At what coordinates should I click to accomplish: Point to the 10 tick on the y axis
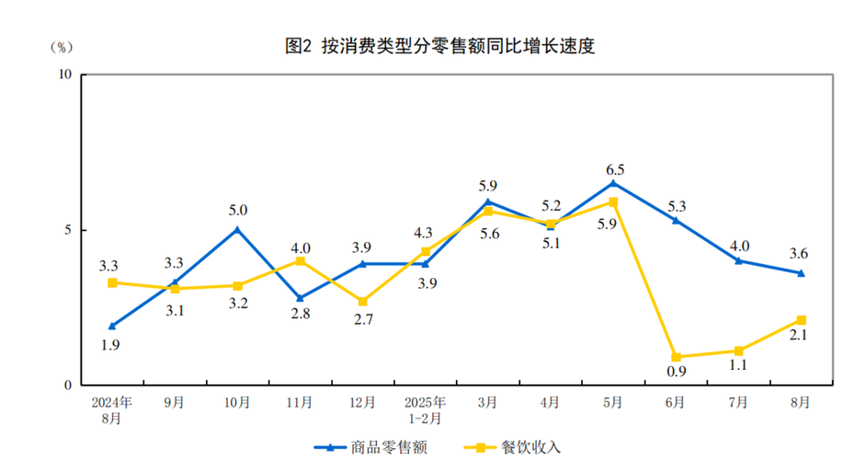coord(65,75)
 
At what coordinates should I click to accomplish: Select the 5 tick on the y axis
coord(69,230)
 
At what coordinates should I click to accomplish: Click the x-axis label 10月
coord(237,403)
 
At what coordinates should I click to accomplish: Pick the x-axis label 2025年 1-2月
coord(425,410)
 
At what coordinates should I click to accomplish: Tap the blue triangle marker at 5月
coord(613,183)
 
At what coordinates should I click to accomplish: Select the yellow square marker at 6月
coord(676,357)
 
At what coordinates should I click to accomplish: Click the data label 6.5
coord(615,169)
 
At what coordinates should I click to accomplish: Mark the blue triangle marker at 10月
coord(237,230)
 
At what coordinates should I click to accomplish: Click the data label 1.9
coord(111,345)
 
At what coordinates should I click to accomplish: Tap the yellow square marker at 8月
coord(801,320)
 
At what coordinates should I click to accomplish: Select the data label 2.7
coord(362,320)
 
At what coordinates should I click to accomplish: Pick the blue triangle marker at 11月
coord(300,298)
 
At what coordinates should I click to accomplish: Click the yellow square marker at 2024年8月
coord(112,282)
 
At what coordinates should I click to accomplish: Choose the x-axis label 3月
coord(487,403)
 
